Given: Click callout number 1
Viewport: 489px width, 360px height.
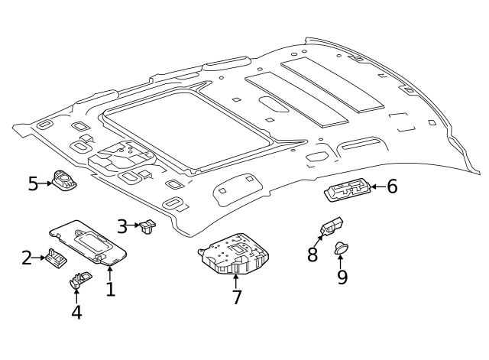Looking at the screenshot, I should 110,290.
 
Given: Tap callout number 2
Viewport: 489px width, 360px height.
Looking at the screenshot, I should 27,258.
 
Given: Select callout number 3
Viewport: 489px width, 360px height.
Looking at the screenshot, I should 122,226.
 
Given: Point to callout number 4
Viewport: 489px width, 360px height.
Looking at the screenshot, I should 76,312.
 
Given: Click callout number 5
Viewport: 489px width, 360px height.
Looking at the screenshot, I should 33,183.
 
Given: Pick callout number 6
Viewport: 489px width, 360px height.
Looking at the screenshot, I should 392,186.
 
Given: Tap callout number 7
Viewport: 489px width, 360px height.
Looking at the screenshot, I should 237,297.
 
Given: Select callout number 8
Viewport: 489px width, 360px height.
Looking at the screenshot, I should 312,255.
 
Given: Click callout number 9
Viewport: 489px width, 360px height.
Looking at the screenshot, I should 342,277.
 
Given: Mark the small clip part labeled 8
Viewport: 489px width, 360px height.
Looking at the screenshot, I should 330,227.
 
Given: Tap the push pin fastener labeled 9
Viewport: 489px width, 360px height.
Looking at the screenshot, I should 342,248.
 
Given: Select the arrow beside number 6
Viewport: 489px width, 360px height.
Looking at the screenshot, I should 377,186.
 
